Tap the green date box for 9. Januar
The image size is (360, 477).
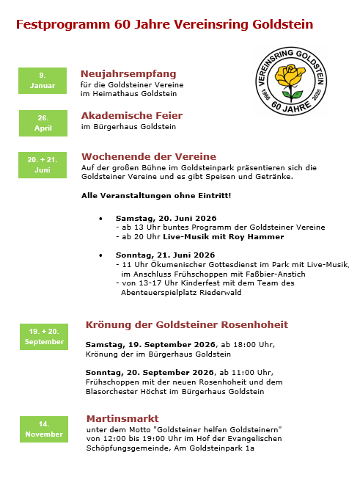(43, 81)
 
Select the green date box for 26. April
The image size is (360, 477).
(43, 123)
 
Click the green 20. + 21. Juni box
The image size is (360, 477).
(43, 164)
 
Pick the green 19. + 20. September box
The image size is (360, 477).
(45, 336)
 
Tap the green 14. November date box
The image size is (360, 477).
(44, 429)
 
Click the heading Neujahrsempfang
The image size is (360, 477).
(128, 74)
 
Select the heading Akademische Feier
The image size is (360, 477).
(132, 115)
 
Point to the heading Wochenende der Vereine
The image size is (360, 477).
(149, 156)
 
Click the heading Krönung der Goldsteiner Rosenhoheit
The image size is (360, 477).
(187, 324)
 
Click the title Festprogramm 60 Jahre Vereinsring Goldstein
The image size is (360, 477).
(164, 24)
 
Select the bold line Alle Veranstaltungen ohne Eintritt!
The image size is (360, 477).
(156, 195)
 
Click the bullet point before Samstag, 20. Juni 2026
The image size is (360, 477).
(100, 219)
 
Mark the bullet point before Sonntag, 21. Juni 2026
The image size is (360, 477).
(100, 255)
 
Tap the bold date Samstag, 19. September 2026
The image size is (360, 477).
(150, 344)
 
